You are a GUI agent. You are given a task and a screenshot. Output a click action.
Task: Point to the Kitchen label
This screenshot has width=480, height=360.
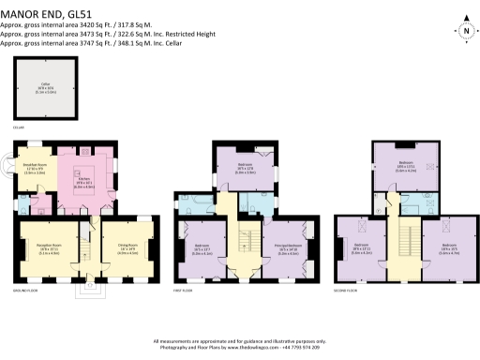(82, 183)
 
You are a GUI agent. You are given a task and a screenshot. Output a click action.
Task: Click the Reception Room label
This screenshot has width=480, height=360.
(46, 251)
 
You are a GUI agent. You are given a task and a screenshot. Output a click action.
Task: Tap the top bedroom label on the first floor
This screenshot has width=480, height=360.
(246, 170)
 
